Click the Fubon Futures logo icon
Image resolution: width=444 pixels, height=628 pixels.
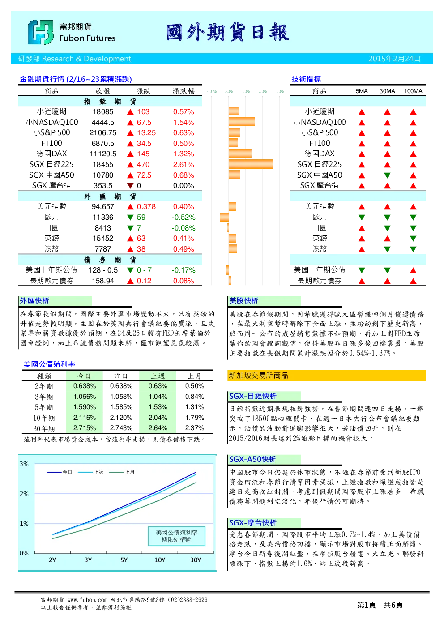click(x=40, y=32)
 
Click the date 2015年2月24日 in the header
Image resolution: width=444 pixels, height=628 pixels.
click(x=394, y=59)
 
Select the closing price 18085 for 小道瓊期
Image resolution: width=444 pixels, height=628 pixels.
click(x=103, y=112)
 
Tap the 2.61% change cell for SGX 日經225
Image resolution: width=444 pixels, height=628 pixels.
click(x=184, y=165)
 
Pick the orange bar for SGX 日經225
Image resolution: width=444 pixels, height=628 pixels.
click(x=251, y=164)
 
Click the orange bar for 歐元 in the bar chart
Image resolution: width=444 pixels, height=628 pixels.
click(x=224, y=217)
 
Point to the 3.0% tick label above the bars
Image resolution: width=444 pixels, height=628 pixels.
click(x=279, y=91)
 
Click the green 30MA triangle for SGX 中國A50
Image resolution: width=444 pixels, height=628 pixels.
click(x=387, y=175)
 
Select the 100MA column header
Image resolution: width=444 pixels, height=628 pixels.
click(x=413, y=91)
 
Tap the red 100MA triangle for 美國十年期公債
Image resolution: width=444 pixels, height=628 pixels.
click(x=413, y=270)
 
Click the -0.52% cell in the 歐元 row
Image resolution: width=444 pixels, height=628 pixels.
click(x=184, y=217)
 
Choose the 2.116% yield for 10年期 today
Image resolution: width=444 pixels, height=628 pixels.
click(x=85, y=418)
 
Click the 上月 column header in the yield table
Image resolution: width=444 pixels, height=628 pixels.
click(x=194, y=376)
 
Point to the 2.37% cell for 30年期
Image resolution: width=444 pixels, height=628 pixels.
click(x=195, y=428)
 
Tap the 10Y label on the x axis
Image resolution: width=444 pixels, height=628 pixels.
click(x=159, y=560)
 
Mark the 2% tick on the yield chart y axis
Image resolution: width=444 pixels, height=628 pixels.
click(x=24, y=494)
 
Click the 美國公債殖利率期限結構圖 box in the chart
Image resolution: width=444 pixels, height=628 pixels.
click(x=177, y=536)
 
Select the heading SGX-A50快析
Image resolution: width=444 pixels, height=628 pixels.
click(x=252, y=459)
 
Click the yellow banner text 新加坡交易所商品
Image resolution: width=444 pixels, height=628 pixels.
click(x=258, y=376)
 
